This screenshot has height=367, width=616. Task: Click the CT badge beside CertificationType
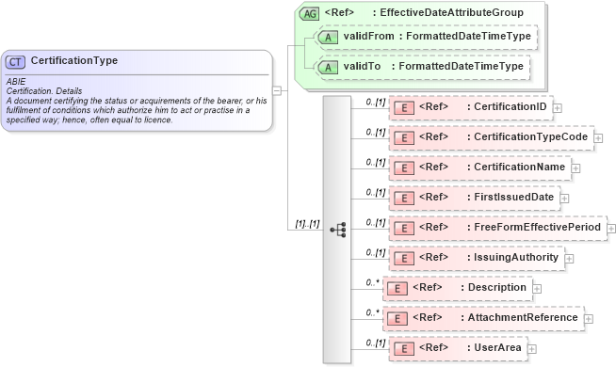[x=16, y=61]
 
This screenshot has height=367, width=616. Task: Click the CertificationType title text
[x=74, y=61]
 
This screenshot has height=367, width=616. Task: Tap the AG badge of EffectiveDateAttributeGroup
[x=309, y=13]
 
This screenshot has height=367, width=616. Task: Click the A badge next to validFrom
[x=328, y=38]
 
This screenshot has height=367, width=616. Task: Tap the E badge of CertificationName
[x=402, y=168]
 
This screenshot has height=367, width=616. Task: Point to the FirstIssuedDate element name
[x=511, y=198]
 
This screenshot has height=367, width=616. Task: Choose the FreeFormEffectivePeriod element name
[x=535, y=228]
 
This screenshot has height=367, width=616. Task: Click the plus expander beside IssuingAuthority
[x=569, y=258]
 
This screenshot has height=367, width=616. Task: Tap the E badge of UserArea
[x=402, y=348]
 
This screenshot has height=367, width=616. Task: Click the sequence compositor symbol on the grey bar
[x=337, y=229]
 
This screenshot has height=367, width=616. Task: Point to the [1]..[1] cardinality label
[x=307, y=223]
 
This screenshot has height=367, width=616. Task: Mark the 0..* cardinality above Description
[x=373, y=281]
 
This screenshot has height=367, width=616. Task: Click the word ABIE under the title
[x=16, y=82]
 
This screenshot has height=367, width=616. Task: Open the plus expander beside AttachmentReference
[x=589, y=318]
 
